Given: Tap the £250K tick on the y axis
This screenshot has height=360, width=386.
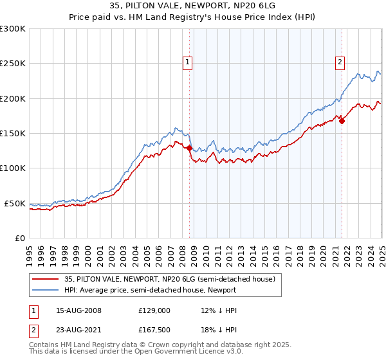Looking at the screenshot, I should tap(13, 64).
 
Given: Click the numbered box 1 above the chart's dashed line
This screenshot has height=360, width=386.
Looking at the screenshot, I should tap(187, 62).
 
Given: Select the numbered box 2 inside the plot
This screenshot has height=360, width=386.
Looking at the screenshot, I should tap(340, 62).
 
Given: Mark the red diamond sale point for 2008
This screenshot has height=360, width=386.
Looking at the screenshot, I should tap(189, 148).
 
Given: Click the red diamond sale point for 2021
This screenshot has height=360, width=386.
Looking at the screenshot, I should tap(342, 121).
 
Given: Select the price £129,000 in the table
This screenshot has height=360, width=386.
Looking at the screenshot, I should tap(154, 310).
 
